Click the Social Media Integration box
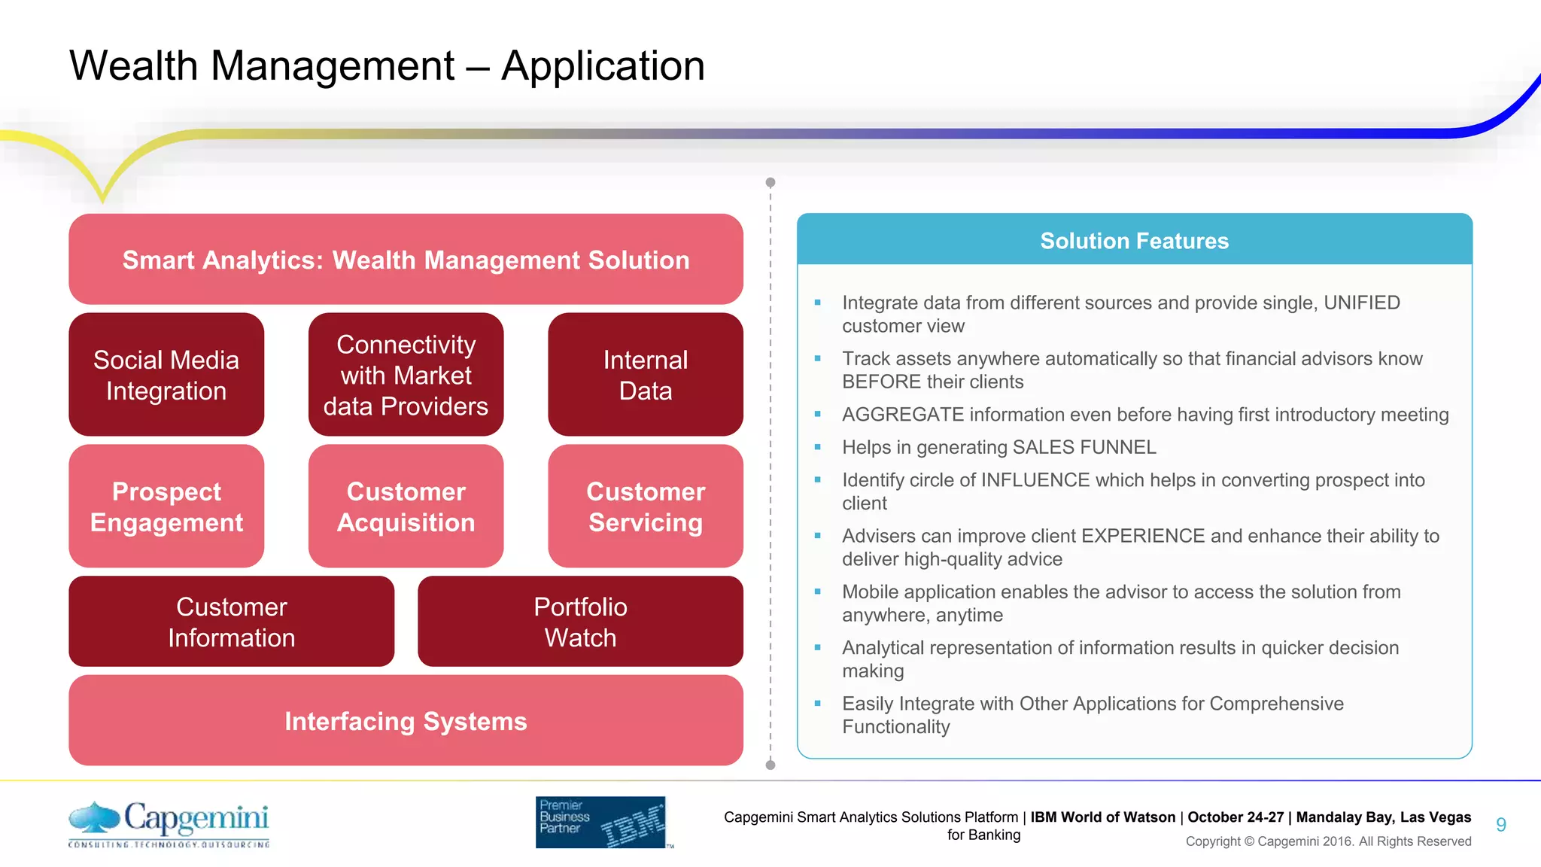coord(166,375)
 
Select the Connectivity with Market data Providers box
coord(406,375)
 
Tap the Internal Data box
coord(645,375)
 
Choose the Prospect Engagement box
coord(166,507)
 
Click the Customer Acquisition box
coord(406,507)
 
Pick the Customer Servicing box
coord(645,507)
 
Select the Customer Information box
coord(231,622)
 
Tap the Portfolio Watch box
coord(580,622)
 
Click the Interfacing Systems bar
coord(406,721)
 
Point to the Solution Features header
coord(1134,241)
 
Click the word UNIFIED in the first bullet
coord(1361,303)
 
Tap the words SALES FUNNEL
coord(1084,447)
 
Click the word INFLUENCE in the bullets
coord(1035,480)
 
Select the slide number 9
coord(1500,825)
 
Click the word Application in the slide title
coord(603,65)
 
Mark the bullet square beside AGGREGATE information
coord(818,414)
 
